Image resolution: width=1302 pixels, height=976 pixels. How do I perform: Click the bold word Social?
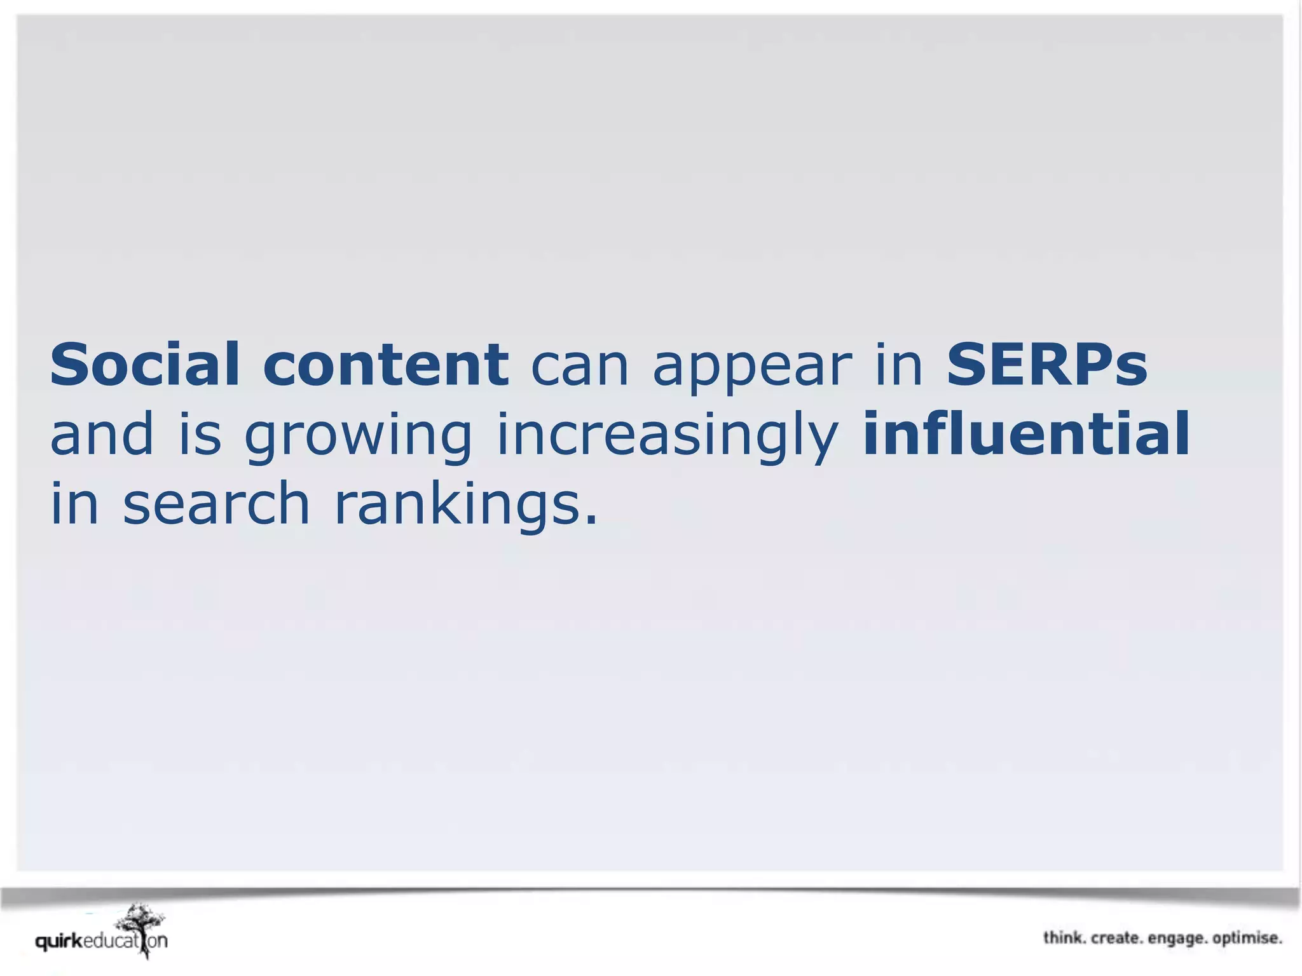(x=145, y=365)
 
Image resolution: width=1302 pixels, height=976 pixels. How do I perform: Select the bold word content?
(x=386, y=365)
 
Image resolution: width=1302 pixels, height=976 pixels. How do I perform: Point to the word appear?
(x=752, y=369)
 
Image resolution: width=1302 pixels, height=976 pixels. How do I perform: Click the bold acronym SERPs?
(x=1046, y=365)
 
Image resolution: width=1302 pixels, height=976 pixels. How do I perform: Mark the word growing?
(x=359, y=438)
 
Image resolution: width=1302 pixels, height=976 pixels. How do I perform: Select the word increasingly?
(x=667, y=438)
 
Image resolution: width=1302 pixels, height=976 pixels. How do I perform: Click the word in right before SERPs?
(x=899, y=365)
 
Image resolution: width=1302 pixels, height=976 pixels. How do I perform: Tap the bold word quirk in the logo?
(x=59, y=941)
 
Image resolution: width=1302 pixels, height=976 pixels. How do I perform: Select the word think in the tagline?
(x=1064, y=938)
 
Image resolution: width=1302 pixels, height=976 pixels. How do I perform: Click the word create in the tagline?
(x=1116, y=938)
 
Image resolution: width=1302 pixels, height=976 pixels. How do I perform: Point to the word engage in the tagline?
(x=1177, y=939)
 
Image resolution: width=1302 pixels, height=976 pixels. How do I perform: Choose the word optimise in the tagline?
(x=1247, y=939)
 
